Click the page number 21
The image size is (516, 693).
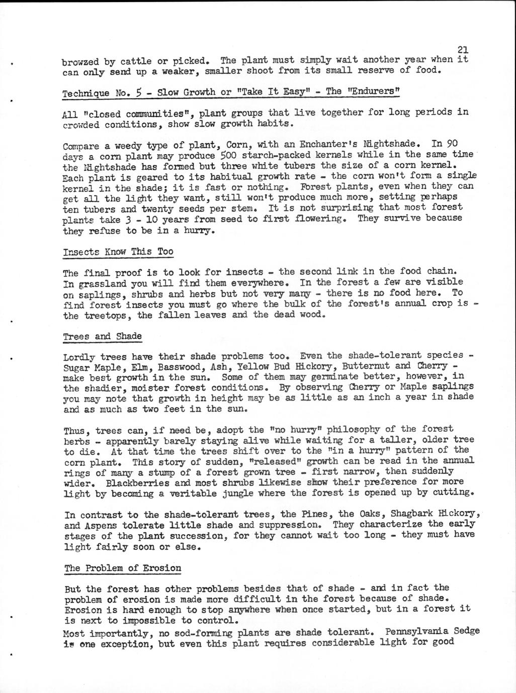(x=463, y=49)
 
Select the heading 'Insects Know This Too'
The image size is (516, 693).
(x=118, y=251)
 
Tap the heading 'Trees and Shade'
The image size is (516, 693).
(x=102, y=336)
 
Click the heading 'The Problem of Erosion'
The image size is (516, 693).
(x=123, y=568)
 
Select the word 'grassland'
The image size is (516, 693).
(x=99, y=283)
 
